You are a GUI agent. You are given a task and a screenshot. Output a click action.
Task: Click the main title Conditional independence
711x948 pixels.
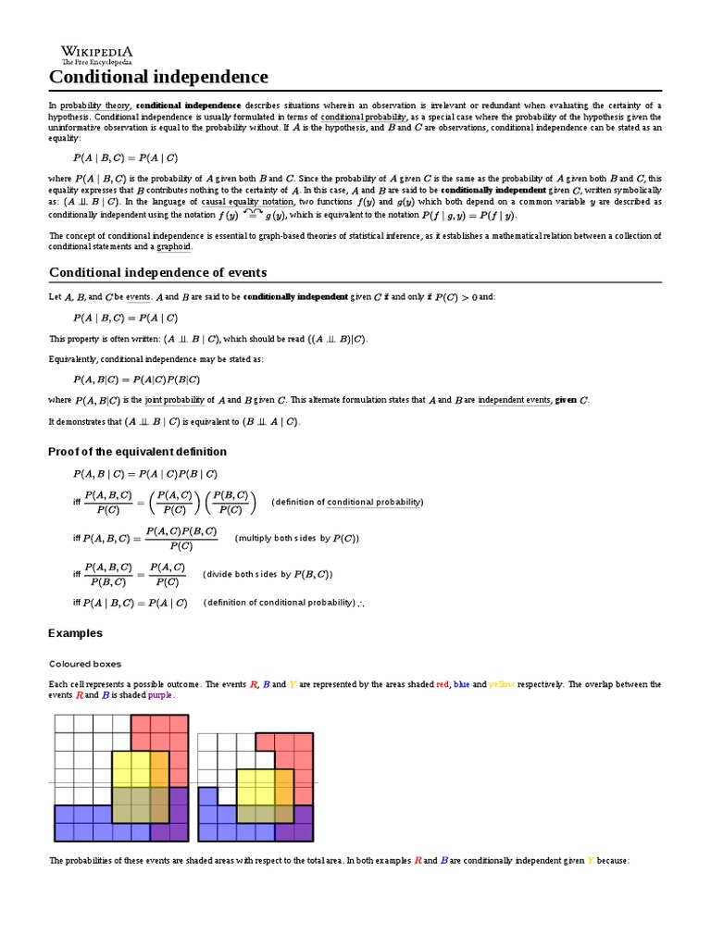(158, 77)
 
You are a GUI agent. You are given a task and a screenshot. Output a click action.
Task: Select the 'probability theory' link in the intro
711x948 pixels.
(95, 106)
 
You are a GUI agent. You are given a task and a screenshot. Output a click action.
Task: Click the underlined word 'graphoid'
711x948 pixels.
(174, 247)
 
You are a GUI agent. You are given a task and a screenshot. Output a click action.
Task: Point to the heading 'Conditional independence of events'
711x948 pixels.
(157, 272)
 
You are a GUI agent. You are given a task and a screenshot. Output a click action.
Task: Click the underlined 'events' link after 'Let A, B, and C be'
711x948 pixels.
(138, 297)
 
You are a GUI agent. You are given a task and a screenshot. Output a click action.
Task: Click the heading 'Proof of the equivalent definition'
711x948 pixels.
(137, 452)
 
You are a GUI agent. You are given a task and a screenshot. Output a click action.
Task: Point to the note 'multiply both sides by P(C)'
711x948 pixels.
(297, 538)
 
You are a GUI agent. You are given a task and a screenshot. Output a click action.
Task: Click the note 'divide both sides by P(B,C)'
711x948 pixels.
(268, 574)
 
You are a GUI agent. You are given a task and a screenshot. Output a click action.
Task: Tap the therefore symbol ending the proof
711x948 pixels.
(361, 603)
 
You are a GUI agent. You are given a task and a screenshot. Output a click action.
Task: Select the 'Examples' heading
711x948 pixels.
(75, 633)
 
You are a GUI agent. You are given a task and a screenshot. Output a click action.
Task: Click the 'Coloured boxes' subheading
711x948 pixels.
(85, 664)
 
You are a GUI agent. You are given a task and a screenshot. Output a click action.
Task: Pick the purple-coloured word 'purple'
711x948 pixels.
(160, 694)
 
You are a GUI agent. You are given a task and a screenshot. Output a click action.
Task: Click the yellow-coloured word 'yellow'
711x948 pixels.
(502, 684)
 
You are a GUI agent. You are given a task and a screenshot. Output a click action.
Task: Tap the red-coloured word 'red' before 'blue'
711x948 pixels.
(443, 684)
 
